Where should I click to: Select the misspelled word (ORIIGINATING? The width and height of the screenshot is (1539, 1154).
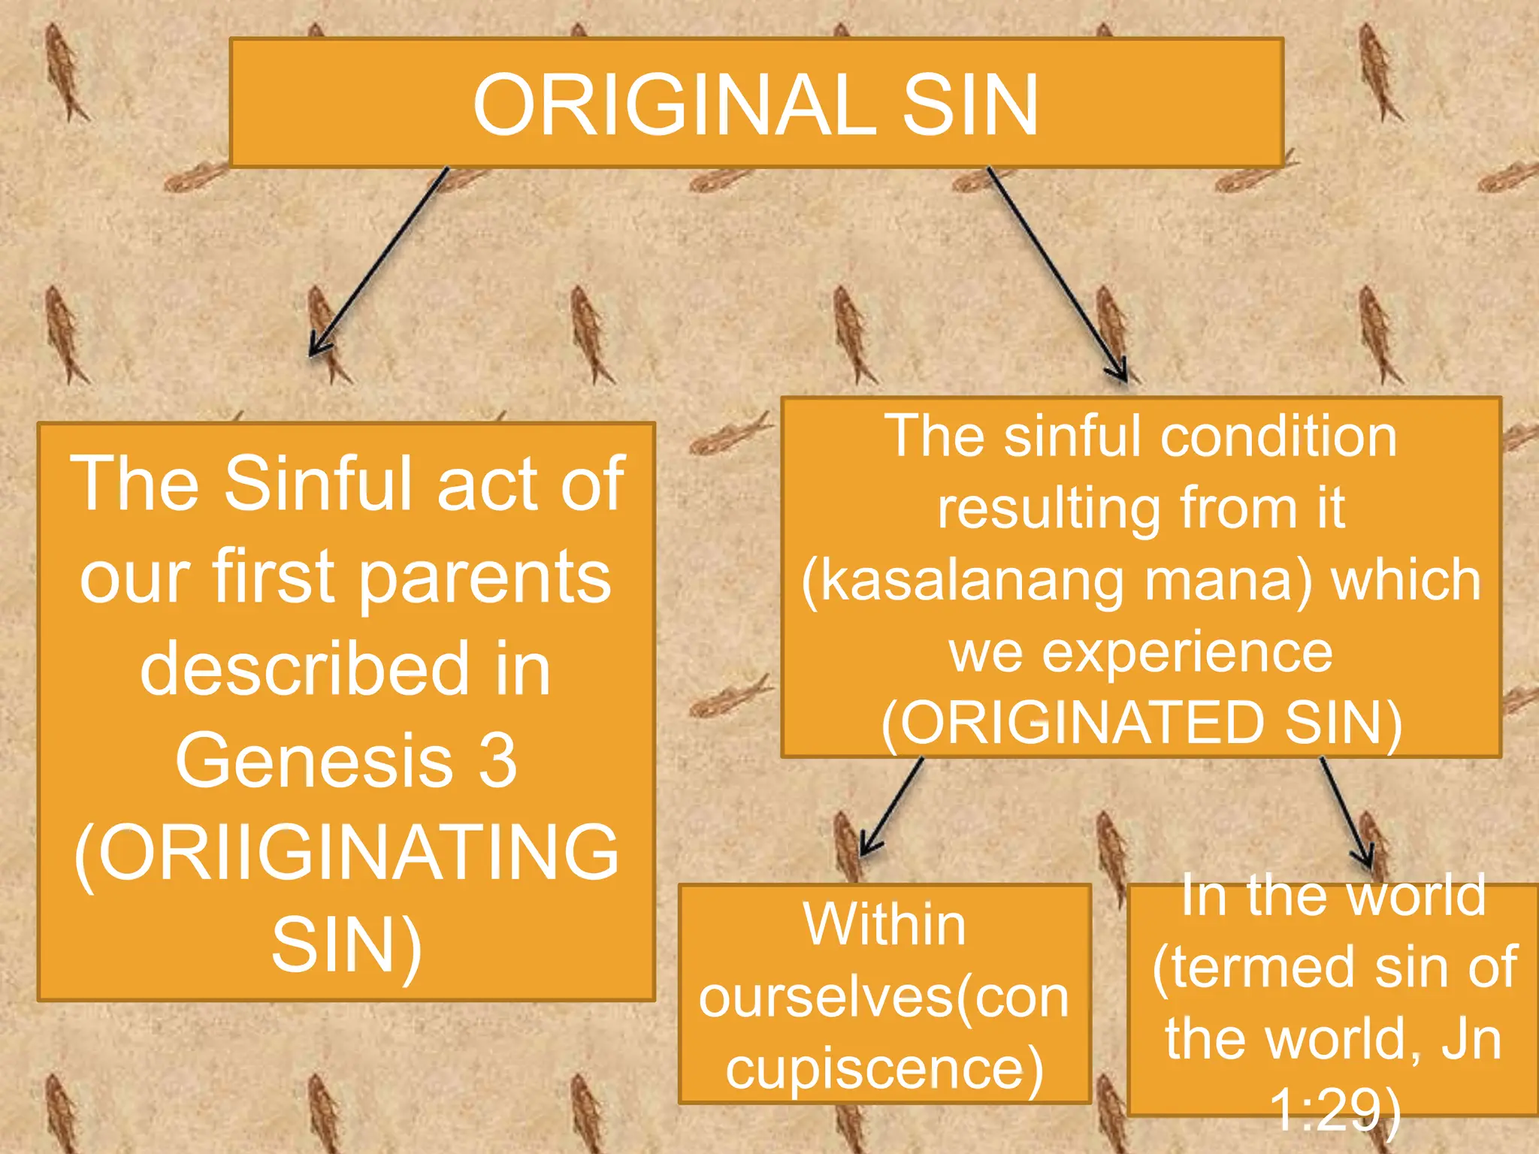346,853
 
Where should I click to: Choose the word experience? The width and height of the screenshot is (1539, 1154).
1187,652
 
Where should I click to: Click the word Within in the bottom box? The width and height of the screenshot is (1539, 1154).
884,925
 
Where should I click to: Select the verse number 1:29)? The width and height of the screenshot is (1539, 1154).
1335,1109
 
